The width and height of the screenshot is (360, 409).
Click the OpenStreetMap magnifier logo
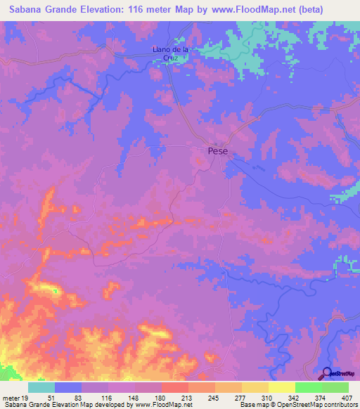point(328,373)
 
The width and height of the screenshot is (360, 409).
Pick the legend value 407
point(347,397)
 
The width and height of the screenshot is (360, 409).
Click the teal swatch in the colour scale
point(41,387)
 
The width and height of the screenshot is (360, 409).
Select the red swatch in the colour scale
point(174,387)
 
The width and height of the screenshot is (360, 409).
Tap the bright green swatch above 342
point(308,387)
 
